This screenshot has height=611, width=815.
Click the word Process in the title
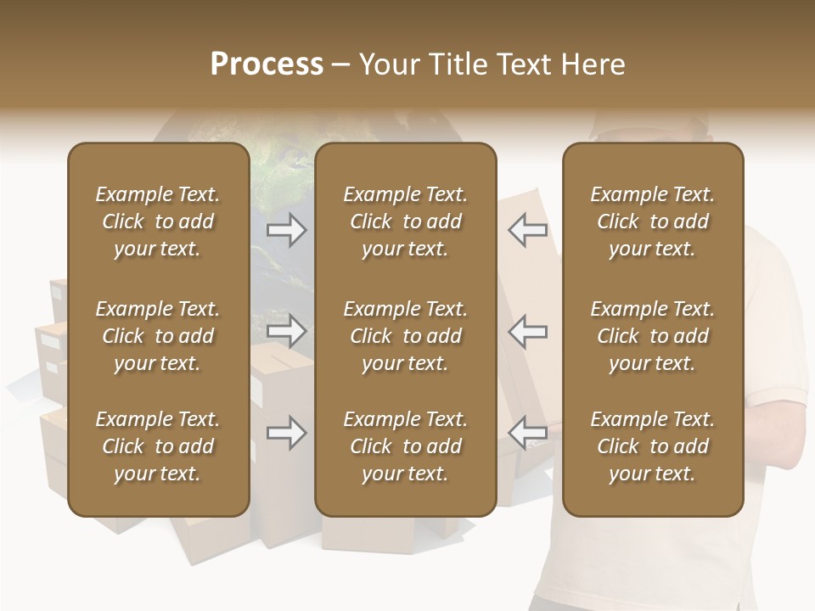(267, 64)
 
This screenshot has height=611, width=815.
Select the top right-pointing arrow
(286, 230)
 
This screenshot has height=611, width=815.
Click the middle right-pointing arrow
(286, 331)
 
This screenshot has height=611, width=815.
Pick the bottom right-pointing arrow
(286, 434)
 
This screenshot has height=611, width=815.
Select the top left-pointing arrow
(527, 230)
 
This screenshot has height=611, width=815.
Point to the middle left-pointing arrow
(527, 331)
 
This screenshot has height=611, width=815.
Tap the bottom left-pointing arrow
(527, 434)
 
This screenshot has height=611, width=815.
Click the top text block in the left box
(158, 221)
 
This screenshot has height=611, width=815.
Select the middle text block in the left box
(158, 336)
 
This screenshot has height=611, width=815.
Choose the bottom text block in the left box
(158, 446)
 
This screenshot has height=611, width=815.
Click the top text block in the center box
(405, 221)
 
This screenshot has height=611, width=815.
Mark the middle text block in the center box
(405, 336)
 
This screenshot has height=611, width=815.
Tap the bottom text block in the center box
(405, 446)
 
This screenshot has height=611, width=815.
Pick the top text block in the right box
(652, 221)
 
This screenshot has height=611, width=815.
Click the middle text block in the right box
(652, 336)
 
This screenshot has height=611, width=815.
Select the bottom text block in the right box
(652, 446)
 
